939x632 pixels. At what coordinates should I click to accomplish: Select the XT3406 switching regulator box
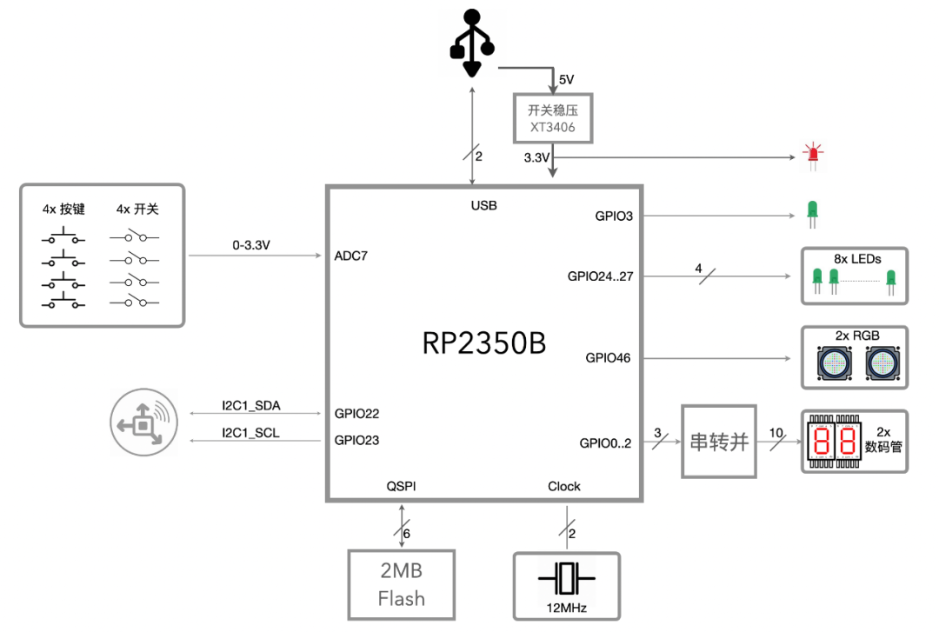point(552,119)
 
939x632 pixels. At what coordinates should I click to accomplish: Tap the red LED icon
point(813,152)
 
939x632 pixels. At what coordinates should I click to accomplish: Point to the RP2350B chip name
point(484,343)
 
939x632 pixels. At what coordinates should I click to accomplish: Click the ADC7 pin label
point(351,256)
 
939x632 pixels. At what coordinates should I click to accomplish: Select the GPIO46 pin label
point(608,357)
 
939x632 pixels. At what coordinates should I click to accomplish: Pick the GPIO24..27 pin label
point(600,276)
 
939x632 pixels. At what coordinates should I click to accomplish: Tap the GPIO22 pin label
point(356,414)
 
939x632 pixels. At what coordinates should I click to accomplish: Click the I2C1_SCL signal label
point(250,433)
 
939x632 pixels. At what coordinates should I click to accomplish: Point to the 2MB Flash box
point(401,585)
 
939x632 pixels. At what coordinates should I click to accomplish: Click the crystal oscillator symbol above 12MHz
point(566,577)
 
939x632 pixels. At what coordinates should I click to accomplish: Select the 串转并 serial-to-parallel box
point(719,442)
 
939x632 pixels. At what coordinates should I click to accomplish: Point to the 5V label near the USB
point(566,79)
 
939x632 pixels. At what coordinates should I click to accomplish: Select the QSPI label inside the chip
point(401,486)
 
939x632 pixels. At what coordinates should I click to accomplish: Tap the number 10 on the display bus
point(776,432)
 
